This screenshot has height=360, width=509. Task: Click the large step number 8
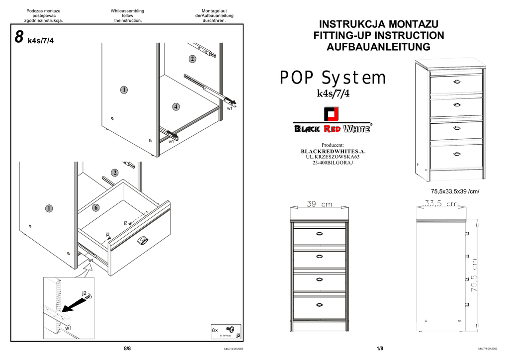click(19, 37)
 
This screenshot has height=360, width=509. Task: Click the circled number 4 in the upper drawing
click(176, 106)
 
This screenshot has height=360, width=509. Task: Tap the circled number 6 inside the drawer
click(95, 208)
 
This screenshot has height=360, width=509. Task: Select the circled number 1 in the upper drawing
click(123, 90)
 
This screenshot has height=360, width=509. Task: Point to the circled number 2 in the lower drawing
click(115, 173)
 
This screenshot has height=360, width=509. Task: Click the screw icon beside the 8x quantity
click(230, 329)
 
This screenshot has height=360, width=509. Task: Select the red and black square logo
click(332, 114)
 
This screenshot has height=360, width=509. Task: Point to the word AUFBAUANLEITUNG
click(378, 47)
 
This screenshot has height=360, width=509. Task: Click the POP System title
click(333, 78)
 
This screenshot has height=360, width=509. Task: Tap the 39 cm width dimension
click(320, 204)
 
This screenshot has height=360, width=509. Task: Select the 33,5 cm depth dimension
click(440, 203)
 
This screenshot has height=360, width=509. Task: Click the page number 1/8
click(380, 349)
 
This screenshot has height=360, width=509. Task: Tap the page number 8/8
click(127, 349)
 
